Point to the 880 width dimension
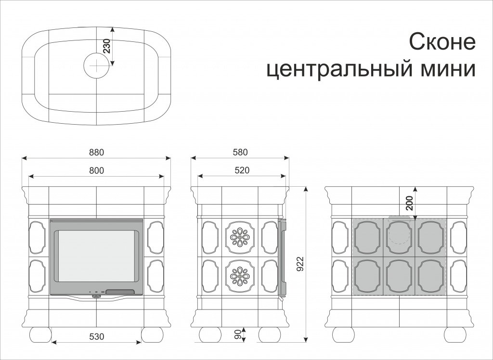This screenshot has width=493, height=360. click(96, 152)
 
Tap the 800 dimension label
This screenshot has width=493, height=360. click(96, 170)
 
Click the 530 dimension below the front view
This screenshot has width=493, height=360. click(96, 336)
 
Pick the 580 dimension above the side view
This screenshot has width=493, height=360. click(241, 152)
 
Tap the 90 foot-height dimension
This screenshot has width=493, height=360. click(238, 334)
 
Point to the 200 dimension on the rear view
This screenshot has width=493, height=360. click(409, 203)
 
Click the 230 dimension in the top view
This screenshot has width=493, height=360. click(107, 46)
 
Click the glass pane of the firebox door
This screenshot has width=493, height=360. click(96, 256)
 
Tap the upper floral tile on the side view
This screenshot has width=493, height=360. click(240, 237)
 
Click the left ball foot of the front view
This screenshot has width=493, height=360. click(40, 335)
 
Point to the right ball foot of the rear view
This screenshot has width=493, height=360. click(455, 335)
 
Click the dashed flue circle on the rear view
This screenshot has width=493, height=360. click(400, 230)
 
